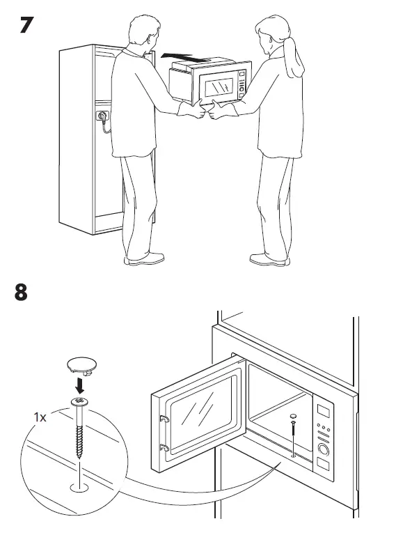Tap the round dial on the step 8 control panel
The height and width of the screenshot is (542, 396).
pos(324,449)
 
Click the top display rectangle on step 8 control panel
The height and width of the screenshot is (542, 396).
pos(325,410)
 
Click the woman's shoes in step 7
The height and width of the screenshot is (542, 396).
pos(269,259)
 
